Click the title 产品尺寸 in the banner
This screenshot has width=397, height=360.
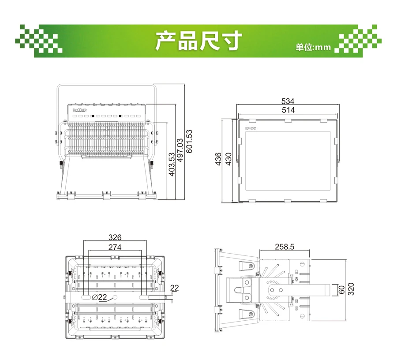[198, 41]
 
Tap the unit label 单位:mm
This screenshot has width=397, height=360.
[313, 47]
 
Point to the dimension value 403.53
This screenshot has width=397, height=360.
[172, 165]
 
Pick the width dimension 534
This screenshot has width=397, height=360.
[288, 101]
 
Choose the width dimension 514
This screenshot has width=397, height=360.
[288, 110]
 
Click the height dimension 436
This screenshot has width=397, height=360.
[218, 159]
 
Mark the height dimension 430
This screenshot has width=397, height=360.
[228, 159]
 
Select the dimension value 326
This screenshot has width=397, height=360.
[115, 237]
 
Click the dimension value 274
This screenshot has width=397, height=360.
[115, 247]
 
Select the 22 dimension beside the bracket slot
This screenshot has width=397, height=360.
[174, 288]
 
